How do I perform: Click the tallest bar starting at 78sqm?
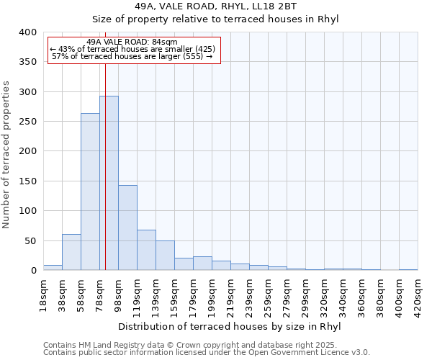pos(109,183)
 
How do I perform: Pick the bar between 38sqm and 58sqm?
pos(71,252)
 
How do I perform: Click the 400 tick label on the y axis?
pos(28,32)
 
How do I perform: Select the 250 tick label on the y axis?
pos(28,122)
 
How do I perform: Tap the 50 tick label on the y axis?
pos(31,240)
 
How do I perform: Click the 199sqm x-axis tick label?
pos(212,295)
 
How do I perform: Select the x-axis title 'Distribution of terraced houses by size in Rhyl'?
pos(229,326)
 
